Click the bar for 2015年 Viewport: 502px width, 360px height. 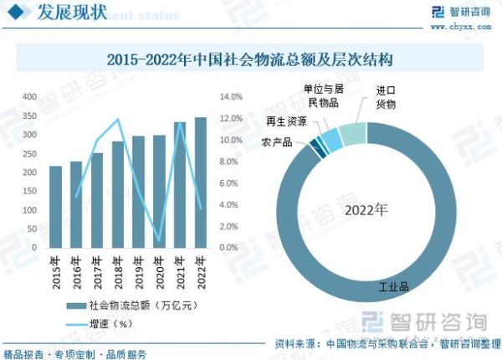(x=56, y=207)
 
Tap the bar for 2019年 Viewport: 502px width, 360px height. (x=139, y=192)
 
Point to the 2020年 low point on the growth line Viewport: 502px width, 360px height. (x=160, y=240)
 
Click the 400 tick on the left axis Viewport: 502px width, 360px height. (x=29, y=97)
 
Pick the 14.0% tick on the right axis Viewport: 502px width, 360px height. (x=230, y=97)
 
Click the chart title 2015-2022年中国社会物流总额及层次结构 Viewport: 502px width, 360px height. (x=251, y=60)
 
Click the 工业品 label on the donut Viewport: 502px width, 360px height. (x=393, y=287)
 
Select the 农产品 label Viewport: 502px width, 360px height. (x=277, y=142)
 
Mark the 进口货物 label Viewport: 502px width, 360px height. (x=385, y=96)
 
